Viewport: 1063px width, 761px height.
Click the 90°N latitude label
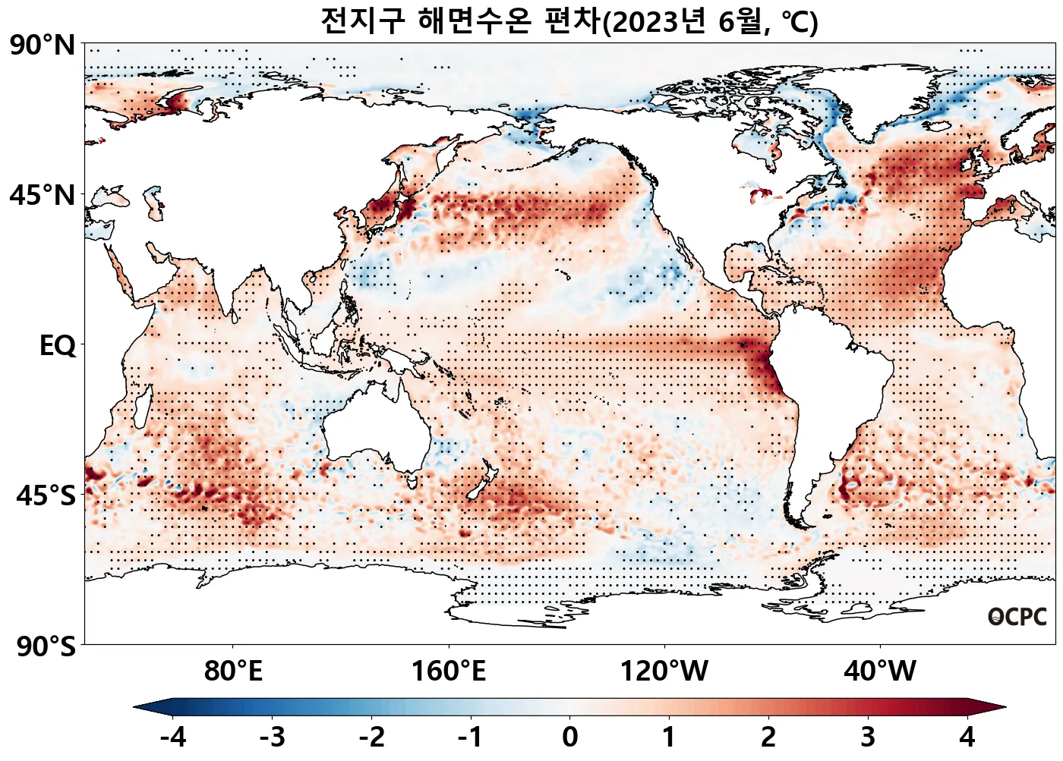[x=43, y=46]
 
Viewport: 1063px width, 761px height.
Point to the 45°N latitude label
[x=43, y=195]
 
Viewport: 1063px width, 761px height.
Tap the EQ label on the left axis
[x=58, y=346]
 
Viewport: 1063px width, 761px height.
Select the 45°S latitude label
[x=46, y=495]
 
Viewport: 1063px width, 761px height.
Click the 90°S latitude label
[x=46, y=647]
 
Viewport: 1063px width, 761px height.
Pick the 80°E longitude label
[x=233, y=671]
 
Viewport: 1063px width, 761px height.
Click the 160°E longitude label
[x=448, y=671]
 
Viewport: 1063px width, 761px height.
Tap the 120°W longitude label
[x=664, y=671]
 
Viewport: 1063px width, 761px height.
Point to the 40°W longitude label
[x=880, y=671]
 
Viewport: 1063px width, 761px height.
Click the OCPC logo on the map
[x=1017, y=617]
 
